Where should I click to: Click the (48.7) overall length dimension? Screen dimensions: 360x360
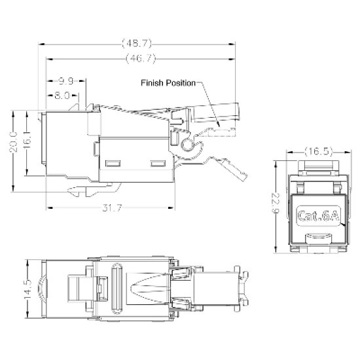point(137,43)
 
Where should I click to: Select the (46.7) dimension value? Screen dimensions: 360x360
point(141,59)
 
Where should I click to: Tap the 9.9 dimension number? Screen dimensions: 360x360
point(66,81)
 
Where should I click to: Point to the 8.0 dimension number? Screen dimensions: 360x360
point(62,95)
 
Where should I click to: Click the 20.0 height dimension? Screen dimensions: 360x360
point(13,142)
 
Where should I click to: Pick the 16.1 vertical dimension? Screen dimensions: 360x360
point(27,141)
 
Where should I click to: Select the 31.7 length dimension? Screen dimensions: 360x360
point(112,208)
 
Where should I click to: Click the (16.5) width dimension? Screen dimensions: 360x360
point(319,152)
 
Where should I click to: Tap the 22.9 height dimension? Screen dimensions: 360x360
point(276,204)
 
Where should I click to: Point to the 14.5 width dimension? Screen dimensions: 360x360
point(27,289)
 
